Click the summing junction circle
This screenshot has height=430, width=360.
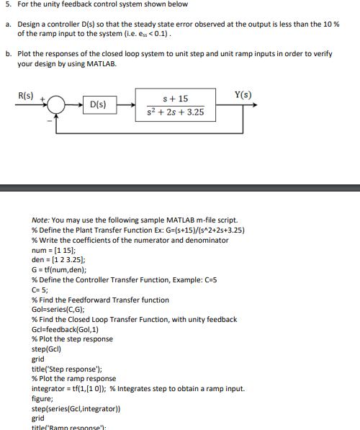pos(58,105)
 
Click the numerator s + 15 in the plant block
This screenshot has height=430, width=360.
pos(176,97)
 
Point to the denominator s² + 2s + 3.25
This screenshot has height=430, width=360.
pos(176,112)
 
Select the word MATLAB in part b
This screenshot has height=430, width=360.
pos(100,63)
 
